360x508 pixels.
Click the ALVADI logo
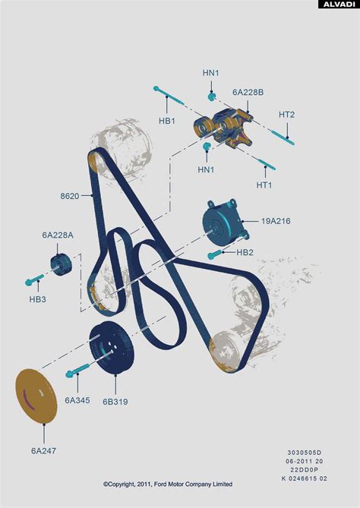339,5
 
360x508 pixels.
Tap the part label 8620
70,196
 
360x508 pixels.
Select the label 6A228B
248,93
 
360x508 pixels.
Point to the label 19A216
276,221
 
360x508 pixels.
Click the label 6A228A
58,235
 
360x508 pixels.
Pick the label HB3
37,299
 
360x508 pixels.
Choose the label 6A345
77,400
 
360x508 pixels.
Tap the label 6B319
115,402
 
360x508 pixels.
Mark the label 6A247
43,450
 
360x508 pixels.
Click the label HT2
287,115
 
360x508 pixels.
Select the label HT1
264,185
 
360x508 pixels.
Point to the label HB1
167,121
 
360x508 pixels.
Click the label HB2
245,252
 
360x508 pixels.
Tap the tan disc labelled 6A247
36,396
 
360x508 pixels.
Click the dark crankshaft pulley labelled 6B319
112,348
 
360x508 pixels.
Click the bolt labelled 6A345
77,371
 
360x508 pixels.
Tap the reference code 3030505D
305,453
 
